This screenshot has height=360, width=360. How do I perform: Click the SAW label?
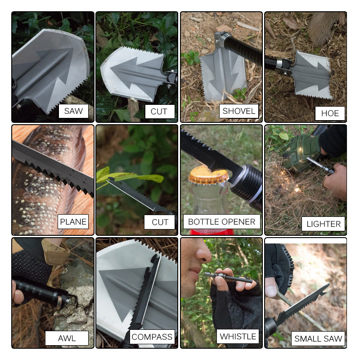(73, 111)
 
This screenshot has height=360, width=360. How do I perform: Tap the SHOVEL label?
(238, 111)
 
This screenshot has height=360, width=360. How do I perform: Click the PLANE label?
(73, 221)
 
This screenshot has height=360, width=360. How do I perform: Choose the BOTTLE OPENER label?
(221, 221)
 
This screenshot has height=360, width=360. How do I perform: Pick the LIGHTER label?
(324, 224)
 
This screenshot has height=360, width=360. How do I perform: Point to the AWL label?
(67, 338)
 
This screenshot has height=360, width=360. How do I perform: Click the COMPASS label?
(152, 337)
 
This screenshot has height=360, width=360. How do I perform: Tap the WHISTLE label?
(238, 336)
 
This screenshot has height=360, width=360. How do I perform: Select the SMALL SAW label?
(318, 338)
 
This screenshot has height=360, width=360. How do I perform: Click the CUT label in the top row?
(159, 111)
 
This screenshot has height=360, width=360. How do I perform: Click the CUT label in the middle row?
(160, 222)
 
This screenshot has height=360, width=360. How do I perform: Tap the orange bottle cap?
(208, 175)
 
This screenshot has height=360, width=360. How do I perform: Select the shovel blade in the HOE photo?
(315, 74)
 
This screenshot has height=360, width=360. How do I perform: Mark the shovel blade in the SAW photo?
(49, 65)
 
